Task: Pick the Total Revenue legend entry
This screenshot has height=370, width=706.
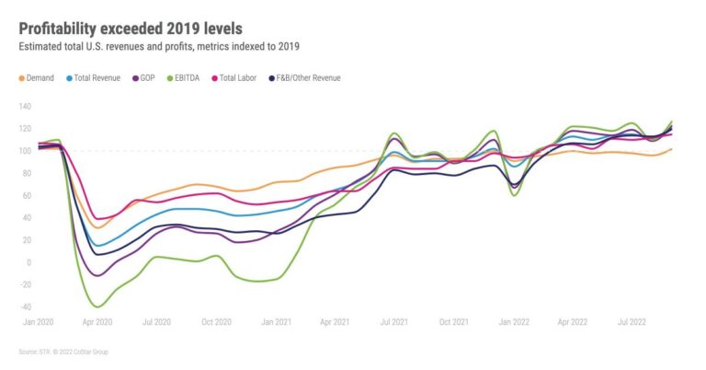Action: (96, 78)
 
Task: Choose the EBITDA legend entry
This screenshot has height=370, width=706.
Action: (188, 78)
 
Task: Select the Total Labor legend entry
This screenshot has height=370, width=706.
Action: (237, 78)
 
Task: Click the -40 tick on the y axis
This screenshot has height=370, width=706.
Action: (25, 306)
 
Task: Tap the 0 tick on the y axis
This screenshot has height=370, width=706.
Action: (28, 262)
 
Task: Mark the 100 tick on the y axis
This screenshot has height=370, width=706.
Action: (25, 150)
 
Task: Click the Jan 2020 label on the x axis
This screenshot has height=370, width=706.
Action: (38, 322)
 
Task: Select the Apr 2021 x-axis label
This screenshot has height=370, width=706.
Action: (335, 322)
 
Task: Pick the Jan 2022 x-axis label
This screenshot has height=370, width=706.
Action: (513, 322)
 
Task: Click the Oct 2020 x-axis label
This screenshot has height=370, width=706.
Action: (216, 322)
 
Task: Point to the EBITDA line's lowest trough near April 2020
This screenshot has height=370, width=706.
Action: (96, 306)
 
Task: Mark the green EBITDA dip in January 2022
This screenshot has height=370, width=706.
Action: (515, 195)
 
